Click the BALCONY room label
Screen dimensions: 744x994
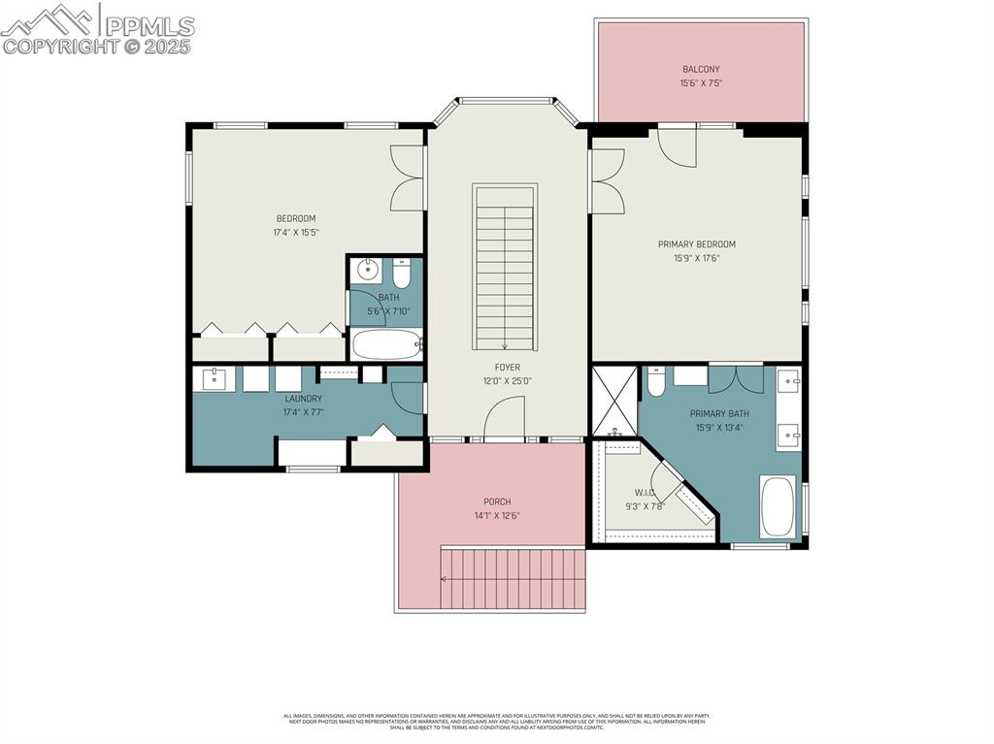pos(701,69)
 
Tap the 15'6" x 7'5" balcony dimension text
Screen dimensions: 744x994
pos(701,83)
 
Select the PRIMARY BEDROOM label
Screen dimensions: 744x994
pos(696,244)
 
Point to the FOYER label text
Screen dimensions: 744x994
pos(507,368)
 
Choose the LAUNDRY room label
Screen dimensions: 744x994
pos(303,399)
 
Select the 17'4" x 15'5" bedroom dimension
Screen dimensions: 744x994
pos(296,232)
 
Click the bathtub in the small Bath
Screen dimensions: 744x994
pos(386,343)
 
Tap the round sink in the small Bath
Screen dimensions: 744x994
pos(367,269)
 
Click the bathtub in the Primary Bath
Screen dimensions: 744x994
pos(778,505)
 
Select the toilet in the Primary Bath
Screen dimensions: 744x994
pos(656,383)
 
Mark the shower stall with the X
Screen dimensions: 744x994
pos(614,400)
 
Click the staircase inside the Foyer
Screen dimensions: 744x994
pos(504,267)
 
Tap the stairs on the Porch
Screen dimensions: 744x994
pos(513,578)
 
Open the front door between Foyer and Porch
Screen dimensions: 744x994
pos(504,422)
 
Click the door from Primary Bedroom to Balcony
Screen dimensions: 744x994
pos(678,144)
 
